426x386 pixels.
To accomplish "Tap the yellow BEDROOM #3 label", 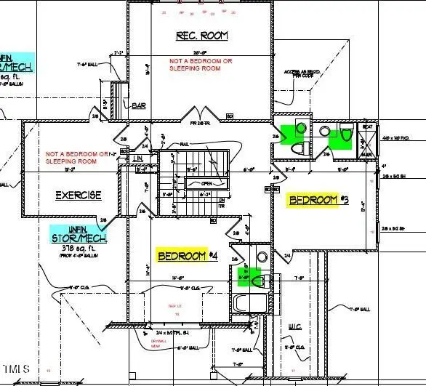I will coord(318,200).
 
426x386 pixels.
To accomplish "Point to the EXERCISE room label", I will coord(79,196).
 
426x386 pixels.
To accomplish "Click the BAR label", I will coord(140,106).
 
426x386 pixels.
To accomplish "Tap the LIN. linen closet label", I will coord(137,159).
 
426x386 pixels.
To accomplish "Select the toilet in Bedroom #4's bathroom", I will coord(252,278).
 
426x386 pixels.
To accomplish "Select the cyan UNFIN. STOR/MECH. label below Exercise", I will coord(79,233).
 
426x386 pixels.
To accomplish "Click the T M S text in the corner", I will coord(15,369).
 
